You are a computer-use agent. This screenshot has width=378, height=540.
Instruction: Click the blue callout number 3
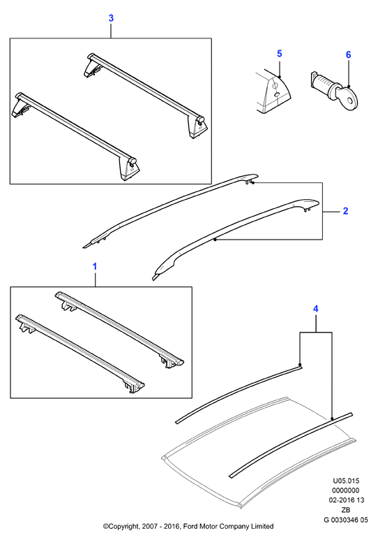(111, 18)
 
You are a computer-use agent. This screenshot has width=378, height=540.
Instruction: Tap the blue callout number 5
(279, 54)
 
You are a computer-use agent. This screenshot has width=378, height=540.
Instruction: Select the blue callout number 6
(349, 54)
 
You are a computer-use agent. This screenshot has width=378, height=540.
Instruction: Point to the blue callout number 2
(346, 211)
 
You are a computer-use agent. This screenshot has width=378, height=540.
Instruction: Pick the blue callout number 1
(95, 267)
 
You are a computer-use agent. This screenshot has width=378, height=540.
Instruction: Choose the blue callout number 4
(316, 309)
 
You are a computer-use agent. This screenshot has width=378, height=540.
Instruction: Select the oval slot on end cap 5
(276, 95)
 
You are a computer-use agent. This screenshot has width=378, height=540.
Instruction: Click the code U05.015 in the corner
(346, 481)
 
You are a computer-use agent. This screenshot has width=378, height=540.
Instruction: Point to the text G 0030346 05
(346, 520)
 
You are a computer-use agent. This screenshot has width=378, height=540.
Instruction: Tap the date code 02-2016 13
(346, 500)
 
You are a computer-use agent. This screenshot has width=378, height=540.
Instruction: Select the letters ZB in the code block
(346, 510)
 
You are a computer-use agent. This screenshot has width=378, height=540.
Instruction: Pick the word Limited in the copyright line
(264, 526)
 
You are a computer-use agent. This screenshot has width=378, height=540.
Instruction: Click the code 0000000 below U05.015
(346, 490)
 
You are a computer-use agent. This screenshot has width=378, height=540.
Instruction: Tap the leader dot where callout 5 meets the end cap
(280, 76)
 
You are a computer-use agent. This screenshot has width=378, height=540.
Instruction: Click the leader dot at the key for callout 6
(349, 86)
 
